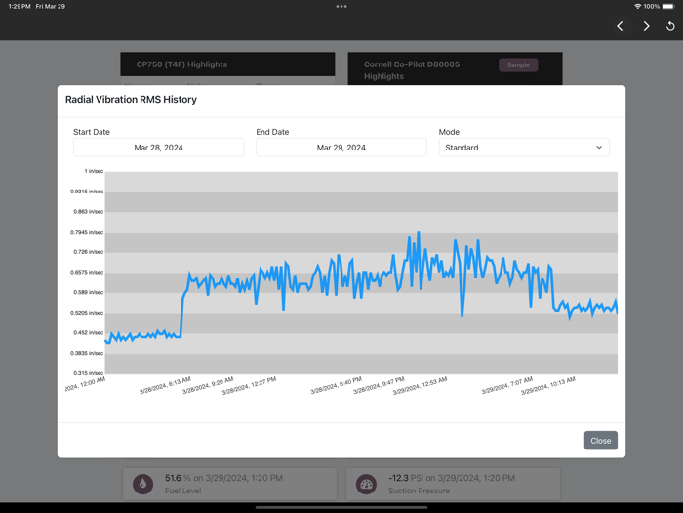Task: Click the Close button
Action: tap(600, 441)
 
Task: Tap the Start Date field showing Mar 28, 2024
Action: tap(158, 148)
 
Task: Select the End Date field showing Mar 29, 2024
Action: tap(341, 148)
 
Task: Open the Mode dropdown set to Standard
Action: tap(524, 148)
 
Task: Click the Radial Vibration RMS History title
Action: tap(131, 100)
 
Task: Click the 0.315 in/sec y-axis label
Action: tap(88, 373)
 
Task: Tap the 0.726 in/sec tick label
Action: tap(88, 252)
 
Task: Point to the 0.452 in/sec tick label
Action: tap(88, 333)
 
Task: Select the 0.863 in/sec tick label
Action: tap(88, 212)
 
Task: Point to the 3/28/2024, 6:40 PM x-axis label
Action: tap(336, 386)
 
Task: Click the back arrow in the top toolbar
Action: tap(620, 26)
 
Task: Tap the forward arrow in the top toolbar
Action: tap(646, 26)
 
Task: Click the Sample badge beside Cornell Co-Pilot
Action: tap(518, 65)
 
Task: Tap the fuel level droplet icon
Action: tap(143, 484)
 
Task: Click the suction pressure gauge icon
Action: tap(366, 484)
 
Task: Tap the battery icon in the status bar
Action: tap(667, 7)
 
